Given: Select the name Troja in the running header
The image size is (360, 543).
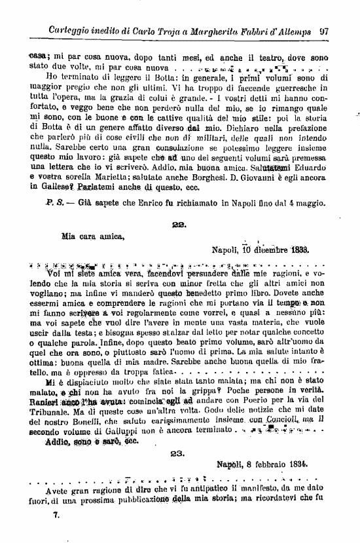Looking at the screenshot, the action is coord(155,30).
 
